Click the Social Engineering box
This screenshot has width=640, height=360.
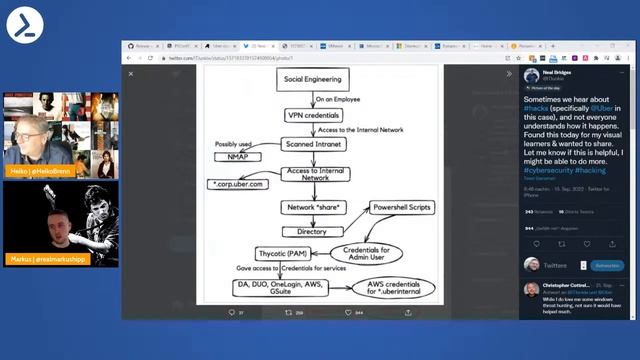pyautogui.click(x=313, y=79)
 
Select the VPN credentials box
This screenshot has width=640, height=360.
pyautogui.click(x=313, y=116)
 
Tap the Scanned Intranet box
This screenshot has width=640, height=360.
pyautogui.click(x=313, y=143)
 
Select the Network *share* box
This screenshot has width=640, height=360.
pyautogui.click(x=313, y=207)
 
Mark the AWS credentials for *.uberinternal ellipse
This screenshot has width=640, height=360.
pyautogui.click(x=394, y=289)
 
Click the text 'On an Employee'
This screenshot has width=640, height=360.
pyautogui.click(x=337, y=100)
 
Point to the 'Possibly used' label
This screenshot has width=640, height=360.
pyautogui.click(x=234, y=144)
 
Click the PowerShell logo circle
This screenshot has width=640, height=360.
pyautogui.click(x=24, y=24)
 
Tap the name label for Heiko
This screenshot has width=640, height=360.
pyautogui.click(x=38, y=171)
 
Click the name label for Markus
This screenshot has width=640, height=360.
pyautogui.click(x=44, y=258)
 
